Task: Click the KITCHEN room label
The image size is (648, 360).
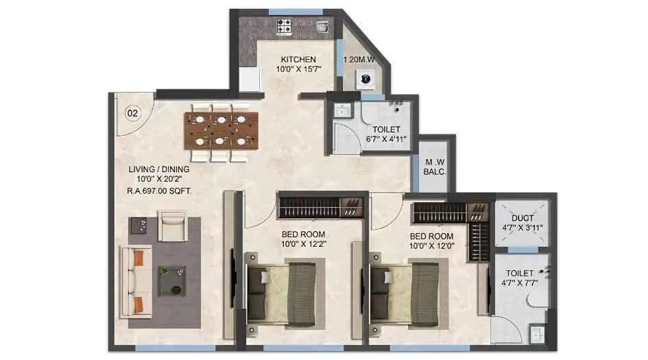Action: click(x=296, y=60)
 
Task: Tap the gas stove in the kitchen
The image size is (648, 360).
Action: click(x=285, y=27)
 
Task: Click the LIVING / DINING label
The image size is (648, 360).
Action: click(x=159, y=169)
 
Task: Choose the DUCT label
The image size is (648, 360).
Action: click(x=522, y=219)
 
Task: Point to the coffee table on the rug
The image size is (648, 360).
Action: click(x=171, y=281)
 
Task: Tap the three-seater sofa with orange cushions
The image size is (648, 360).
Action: click(x=136, y=281)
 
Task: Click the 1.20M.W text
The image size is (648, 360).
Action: click(x=359, y=60)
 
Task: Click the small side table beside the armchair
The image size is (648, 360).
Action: click(x=139, y=225)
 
